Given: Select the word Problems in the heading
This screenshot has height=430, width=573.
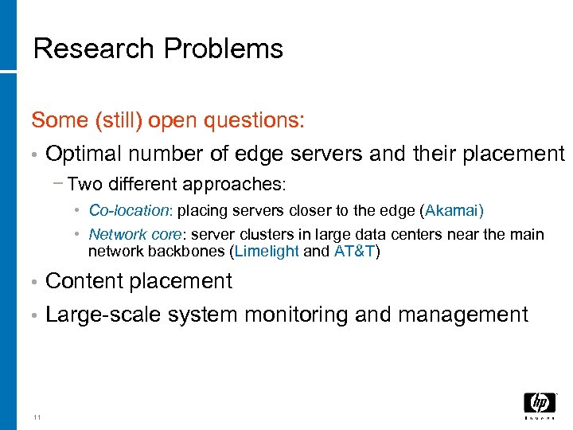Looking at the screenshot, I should [223, 49].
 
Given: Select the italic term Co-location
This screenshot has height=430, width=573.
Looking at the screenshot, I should [130, 211].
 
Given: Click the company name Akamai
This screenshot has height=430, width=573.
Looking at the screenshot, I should [454, 211].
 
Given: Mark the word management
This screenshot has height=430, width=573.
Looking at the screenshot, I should [463, 315].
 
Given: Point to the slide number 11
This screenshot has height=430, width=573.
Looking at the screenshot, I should [37, 416].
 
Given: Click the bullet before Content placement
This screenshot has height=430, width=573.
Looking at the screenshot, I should [34, 282].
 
